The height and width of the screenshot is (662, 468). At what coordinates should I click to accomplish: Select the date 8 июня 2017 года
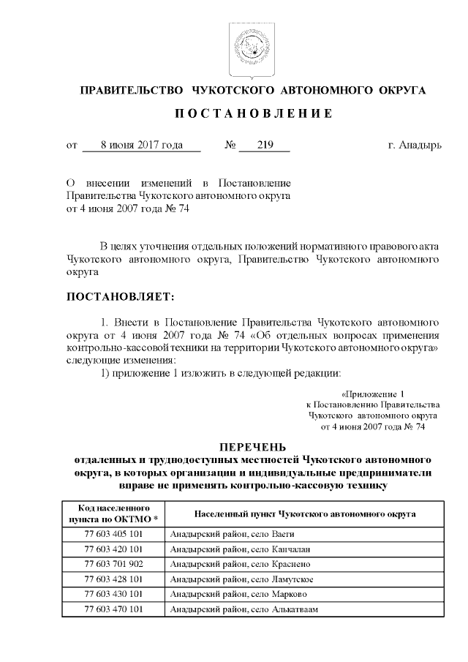pos(142,146)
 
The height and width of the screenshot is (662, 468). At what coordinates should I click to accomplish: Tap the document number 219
pos(264,146)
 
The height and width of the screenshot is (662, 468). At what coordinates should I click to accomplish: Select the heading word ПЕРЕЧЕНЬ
pos(253,448)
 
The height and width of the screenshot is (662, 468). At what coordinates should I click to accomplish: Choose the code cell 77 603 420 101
pos(113,550)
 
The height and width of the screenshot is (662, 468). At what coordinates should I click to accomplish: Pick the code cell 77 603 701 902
pos(113,565)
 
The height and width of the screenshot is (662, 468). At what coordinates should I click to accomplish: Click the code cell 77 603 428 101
pos(113,579)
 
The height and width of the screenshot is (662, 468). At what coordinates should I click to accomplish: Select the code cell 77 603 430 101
pos(113,594)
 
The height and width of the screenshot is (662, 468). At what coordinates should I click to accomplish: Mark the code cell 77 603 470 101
pos(113,609)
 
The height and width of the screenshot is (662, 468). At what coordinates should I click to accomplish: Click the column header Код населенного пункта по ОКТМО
pos(113,513)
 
